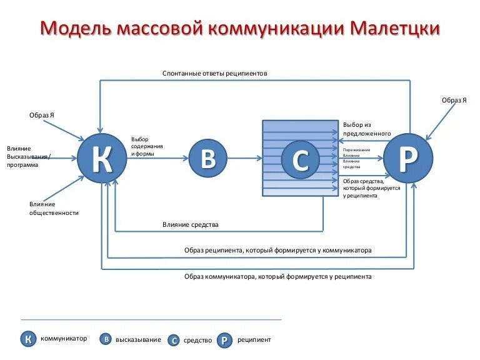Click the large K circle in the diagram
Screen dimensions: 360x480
point(102,159)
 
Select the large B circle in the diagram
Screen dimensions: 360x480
point(208,159)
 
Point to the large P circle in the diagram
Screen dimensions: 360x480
point(407,159)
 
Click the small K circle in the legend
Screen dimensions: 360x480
point(27,339)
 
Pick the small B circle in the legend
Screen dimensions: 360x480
point(106,339)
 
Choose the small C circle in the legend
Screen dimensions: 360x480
point(174,341)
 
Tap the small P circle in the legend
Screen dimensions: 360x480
point(225,340)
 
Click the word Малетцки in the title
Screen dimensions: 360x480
point(396,29)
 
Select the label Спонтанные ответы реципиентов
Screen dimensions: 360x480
point(214,73)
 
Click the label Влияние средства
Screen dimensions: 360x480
point(190,224)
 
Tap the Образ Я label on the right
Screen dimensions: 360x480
point(454,100)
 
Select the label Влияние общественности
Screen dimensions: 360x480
point(54,208)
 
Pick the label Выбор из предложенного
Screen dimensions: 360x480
point(366,129)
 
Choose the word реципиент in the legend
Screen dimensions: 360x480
point(254,340)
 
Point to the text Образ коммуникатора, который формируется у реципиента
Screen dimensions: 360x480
point(277,276)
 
